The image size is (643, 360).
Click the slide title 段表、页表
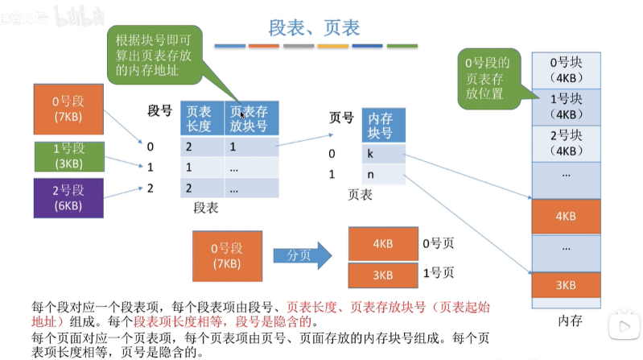315,27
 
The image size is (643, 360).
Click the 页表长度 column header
200,118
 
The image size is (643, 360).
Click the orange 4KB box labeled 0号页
382,242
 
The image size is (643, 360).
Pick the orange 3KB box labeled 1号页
382,275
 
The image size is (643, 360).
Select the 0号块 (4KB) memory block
566,68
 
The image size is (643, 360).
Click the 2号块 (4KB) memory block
566,141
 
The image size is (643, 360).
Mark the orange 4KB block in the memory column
566,216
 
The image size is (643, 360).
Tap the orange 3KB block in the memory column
566,285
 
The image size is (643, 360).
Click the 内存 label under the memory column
570,321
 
